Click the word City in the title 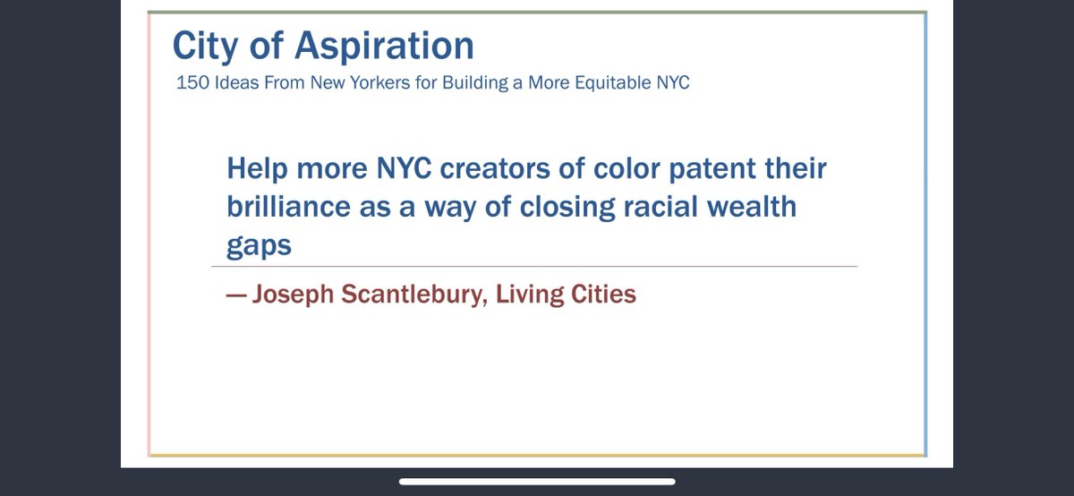click(203, 46)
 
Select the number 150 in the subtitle click(192, 83)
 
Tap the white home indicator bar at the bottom click(537, 482)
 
